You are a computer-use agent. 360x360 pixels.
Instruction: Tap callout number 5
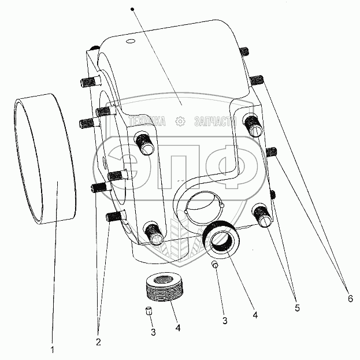pos(296,308)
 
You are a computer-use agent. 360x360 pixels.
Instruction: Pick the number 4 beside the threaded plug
pos(178,328)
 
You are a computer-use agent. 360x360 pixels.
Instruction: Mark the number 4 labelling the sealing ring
pos(255,316)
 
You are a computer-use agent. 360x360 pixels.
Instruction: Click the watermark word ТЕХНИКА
pos(147,121)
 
